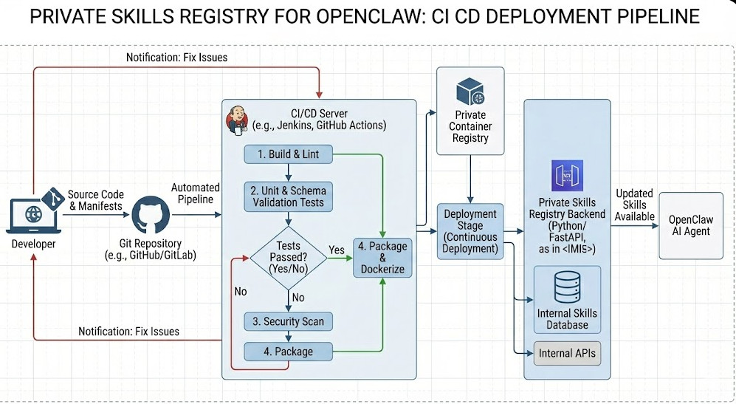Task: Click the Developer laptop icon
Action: pos(32,215)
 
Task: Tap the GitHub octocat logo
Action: pos(151,215)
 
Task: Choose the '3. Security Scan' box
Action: pos(288,321)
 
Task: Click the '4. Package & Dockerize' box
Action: pos(383,257)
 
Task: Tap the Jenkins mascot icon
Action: pos(238,120)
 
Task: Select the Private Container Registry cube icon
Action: pos(470,92)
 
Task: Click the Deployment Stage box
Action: pos(470,230)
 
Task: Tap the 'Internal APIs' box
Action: pos(567,353)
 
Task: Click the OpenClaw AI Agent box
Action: pos(690,225)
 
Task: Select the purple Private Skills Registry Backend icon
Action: pos(567,176)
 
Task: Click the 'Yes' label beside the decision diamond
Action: pos(336,250)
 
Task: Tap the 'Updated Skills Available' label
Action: pos(634,205)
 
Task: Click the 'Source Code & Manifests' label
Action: pos(94,200)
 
